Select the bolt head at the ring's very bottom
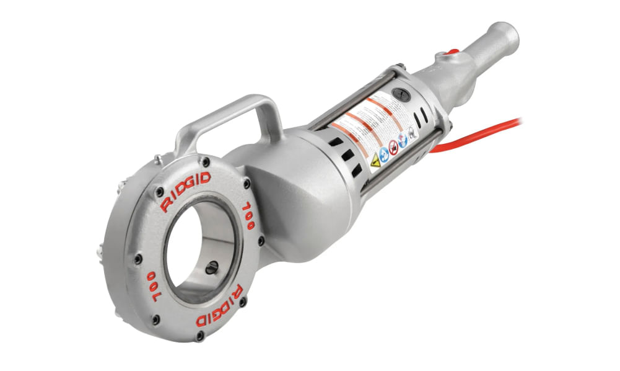199,336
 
